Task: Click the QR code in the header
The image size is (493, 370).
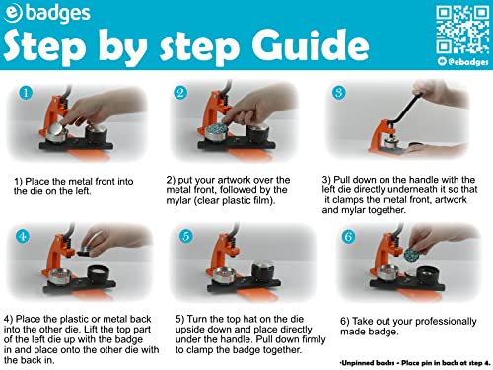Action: (x=462, y=30)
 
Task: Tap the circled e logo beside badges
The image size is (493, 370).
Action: (x=12, y=13)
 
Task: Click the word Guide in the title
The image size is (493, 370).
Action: (x=311, y=46)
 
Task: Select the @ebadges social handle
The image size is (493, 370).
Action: (x=463, y=61)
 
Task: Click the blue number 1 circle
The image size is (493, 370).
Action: (x=26, y=93)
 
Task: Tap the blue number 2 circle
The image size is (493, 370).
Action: (x=180, y=93)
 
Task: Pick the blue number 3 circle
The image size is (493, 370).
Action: (x=339, y=92)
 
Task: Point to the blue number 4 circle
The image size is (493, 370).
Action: (x=23, y=236)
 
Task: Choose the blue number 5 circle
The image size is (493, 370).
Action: (x=186, y=236)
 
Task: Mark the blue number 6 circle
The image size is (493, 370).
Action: (x=348, y=236)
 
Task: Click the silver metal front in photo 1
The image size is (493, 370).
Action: (x=56, y=131)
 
